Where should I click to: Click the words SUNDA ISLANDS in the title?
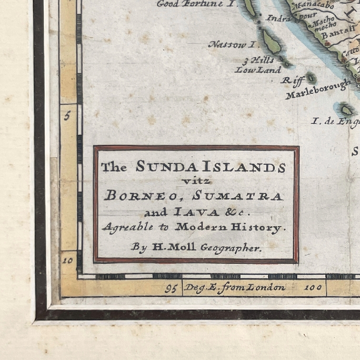tap(211, 167)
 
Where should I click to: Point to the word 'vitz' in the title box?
tap(195, 181)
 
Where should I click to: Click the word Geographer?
tap(231, 248)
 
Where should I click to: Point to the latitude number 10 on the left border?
tap(68, 260)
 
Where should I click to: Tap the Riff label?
tap(292, 80)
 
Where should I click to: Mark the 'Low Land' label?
tap(251, 70)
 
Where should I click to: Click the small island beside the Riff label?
tap(311, 77)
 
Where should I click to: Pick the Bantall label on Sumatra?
tap(332, 34)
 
